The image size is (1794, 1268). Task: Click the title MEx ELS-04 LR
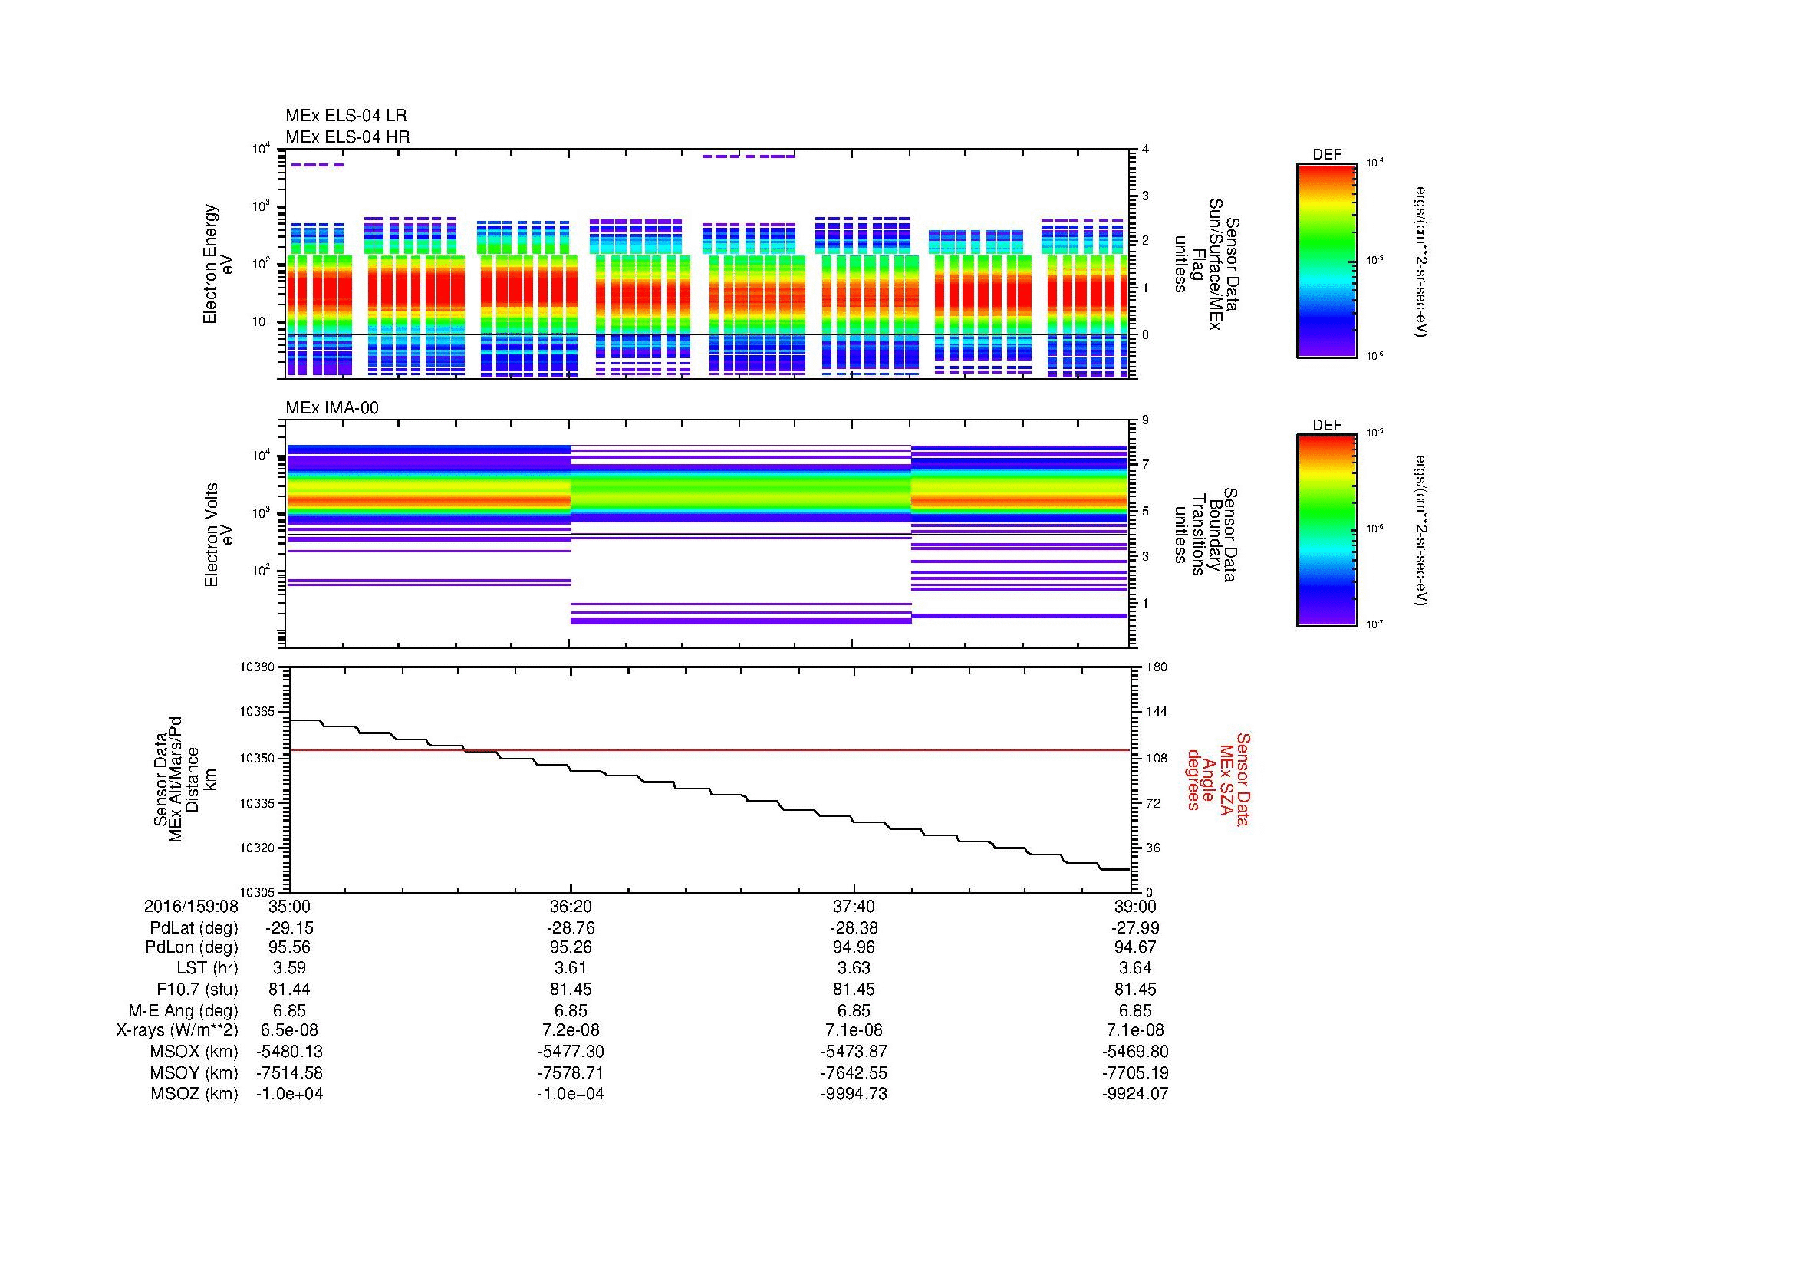(345, 116)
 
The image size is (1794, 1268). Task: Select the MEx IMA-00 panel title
(331, 408)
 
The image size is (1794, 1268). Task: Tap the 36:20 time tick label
(571, 906)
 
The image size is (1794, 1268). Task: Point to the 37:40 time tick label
(854, 906)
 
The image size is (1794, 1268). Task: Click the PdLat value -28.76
(571, 928)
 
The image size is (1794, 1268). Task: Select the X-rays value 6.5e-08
(289, 1030)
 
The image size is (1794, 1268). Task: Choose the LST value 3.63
(854, 968)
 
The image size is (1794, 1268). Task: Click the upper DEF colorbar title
(1326, 155)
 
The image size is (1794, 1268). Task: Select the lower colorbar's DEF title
(1326, 426)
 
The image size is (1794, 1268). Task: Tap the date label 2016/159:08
(191, 906)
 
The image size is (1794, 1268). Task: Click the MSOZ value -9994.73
(854, 1094)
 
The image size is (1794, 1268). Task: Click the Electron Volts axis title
(219, 535)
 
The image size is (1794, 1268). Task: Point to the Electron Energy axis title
(219, 264)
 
